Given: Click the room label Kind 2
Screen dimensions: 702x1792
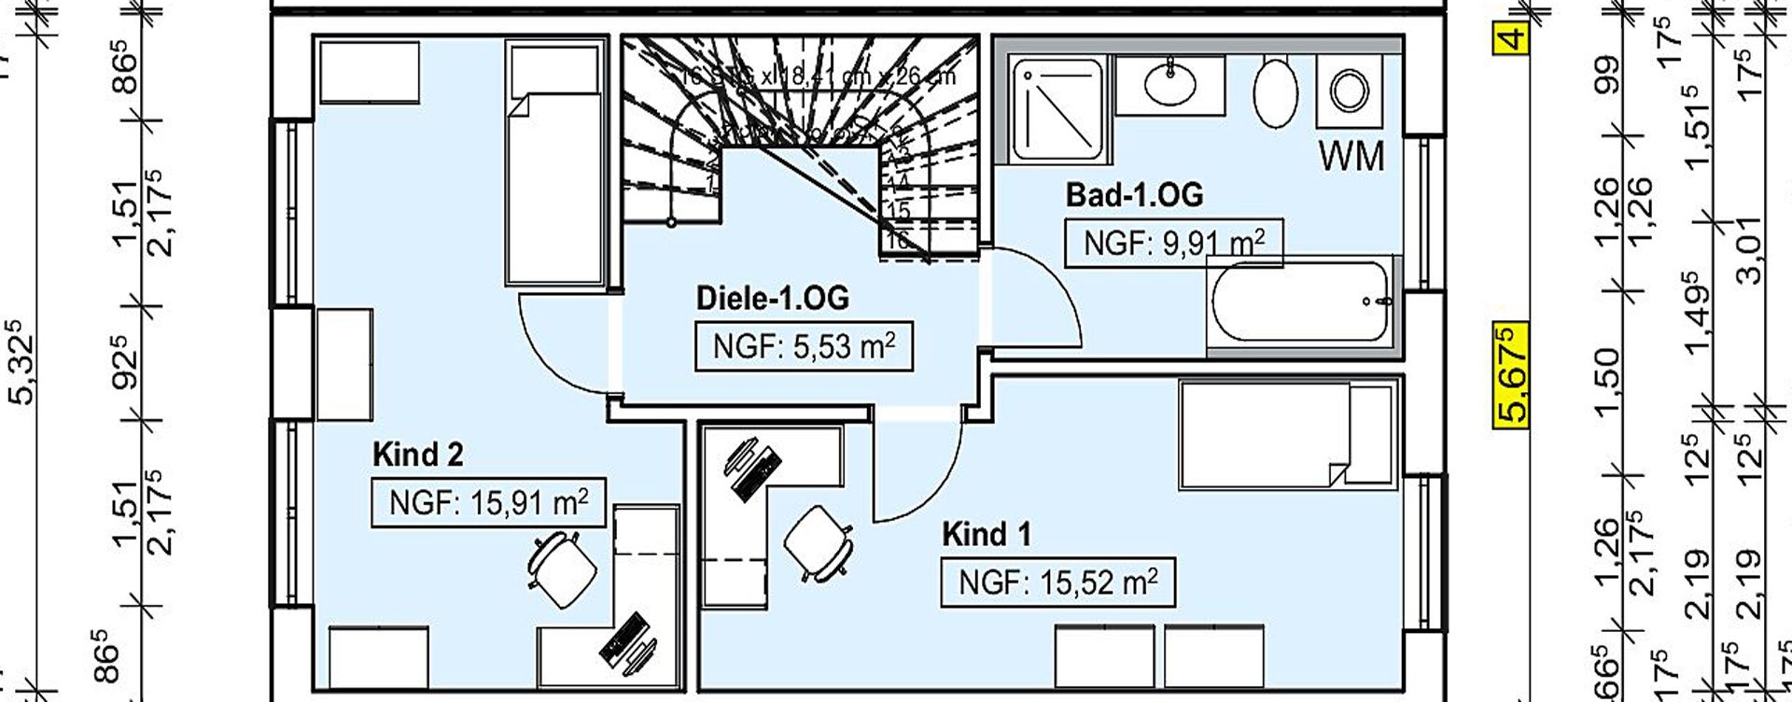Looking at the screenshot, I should pos(417,456).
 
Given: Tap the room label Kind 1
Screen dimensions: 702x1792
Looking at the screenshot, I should pos(986,535).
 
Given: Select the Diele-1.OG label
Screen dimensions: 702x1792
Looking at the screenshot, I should pos(773,299).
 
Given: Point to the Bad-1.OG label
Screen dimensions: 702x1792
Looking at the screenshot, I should pos(1134,195).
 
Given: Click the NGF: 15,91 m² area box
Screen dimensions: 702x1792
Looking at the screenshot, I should pos(488,503).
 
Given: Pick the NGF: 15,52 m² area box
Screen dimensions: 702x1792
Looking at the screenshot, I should pos(1057,583).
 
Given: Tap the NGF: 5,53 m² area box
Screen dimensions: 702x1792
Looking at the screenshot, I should pos(804,346).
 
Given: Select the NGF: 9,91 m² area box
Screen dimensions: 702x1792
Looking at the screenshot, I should pos(1173,244).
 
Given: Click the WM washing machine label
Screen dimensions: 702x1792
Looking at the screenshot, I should pos(1351,157).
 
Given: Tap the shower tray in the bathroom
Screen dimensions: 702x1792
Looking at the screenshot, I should pos(1057,105).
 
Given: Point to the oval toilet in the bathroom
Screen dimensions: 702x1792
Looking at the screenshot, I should pos(1275,91).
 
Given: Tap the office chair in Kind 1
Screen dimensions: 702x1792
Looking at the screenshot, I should pos(818,543).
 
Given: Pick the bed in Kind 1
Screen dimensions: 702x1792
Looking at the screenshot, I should pos(1287,434).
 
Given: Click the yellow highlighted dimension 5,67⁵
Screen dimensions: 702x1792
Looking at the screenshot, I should pos(1510,372).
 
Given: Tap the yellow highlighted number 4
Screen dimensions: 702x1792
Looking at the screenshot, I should pos(1511,38).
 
